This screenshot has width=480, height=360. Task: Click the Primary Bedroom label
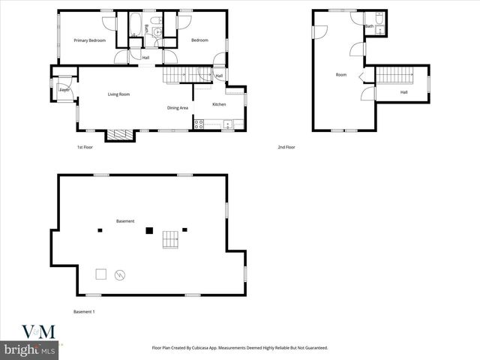(x=89, y=40)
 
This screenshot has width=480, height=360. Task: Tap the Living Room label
(x=118, y=94)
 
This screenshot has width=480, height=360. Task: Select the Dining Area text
(x=178, y=108)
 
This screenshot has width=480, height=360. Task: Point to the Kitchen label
(x=219, y=104)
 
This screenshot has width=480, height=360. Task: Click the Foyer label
(x=64, y=90)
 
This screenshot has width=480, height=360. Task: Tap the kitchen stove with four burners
(x=199, y=124)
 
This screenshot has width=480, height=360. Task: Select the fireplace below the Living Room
(x=118, y=135)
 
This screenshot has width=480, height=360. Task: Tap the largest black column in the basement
(x=149, y=230)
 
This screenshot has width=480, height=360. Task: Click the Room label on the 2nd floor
(x=341, y=75)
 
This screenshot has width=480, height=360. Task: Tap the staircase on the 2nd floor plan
(x=394, y=75)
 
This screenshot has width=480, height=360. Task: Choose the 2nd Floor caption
(x=286, y=147)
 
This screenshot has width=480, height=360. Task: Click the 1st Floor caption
(x=85, y=147)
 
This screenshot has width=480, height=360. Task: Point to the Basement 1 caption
(x=84, y=311)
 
